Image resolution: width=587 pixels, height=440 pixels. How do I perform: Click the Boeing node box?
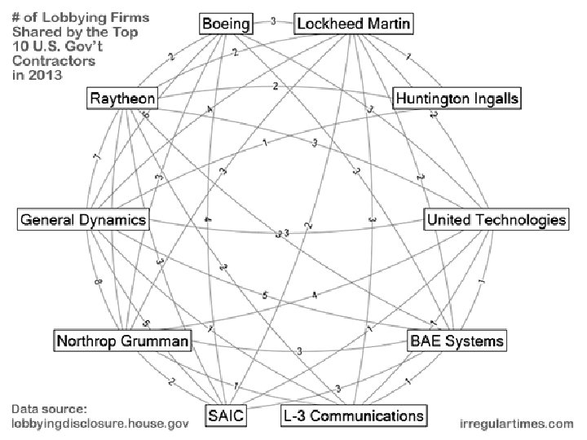point(226,24)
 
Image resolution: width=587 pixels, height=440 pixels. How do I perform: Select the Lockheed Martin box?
point(355,24)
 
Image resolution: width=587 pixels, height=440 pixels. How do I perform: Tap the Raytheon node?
point(122,99)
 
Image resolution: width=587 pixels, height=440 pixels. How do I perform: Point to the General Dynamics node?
point(83,220)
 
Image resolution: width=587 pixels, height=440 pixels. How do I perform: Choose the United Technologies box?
point(496,220)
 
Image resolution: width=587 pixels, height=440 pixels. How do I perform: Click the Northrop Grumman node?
point(122,340)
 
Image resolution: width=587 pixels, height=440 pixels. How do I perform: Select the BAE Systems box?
point(457,340)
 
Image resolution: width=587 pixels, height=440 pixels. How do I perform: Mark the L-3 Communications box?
point(353,416)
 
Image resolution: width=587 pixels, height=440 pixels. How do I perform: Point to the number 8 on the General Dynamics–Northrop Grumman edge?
point(98,282)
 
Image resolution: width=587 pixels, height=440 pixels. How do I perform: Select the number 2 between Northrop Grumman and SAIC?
point(171,381)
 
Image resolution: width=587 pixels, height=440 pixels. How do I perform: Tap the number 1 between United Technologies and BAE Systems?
point(482,282)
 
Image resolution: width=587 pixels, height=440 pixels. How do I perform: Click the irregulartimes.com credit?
point(516,424)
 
